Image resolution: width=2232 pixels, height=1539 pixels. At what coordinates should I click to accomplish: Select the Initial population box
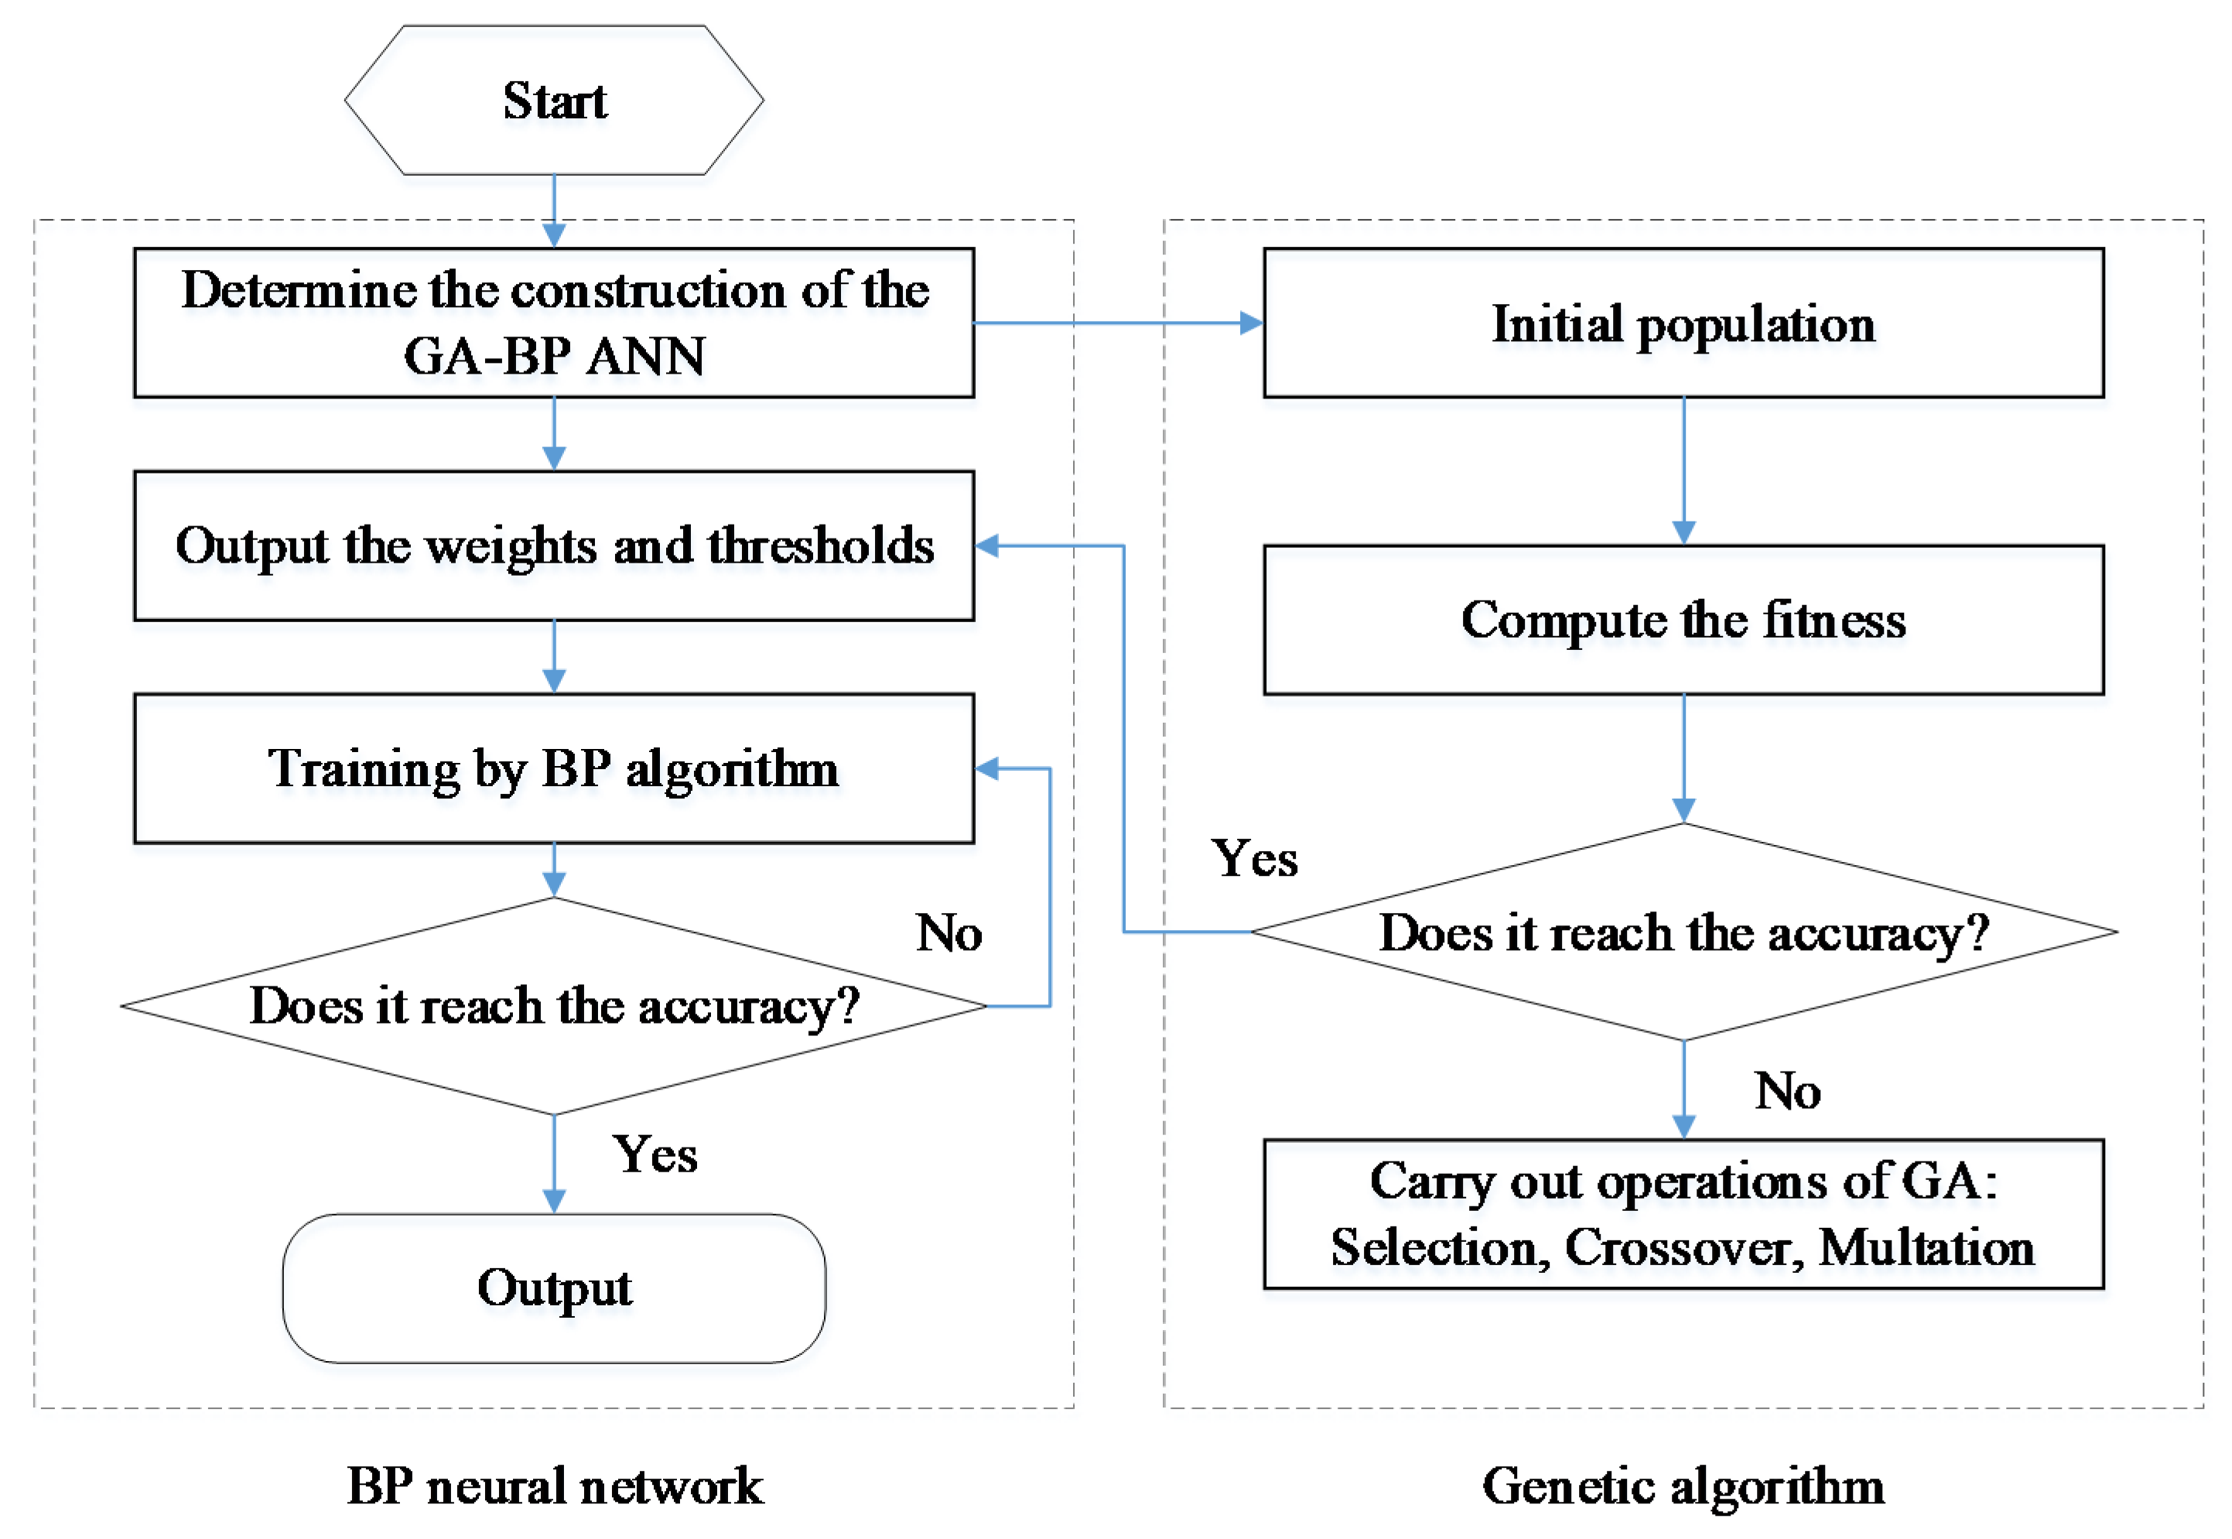coord(1683,323)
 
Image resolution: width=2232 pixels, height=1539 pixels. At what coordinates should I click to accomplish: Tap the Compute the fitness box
coord(1683,619)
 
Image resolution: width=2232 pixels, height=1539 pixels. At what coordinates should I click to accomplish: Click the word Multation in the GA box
coord(1926,1248)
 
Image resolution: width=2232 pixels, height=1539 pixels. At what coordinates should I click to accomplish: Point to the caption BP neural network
coord(555,1486)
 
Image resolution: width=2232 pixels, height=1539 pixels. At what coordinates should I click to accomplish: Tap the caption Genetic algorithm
coord(1683,1486)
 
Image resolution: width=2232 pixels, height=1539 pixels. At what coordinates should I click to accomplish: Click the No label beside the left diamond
coord(949,933)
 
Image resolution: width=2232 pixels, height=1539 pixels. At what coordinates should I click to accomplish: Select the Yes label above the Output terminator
coord(655,1154)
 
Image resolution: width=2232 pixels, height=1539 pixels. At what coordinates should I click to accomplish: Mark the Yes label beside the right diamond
coord(1253,858)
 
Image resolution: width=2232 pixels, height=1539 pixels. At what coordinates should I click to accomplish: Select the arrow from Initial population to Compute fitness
coord(1683,470)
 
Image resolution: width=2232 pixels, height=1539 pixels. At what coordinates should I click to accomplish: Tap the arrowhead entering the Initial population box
coord(1250,323)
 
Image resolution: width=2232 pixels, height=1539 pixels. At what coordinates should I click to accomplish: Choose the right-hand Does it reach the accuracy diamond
coord(1683,932)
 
